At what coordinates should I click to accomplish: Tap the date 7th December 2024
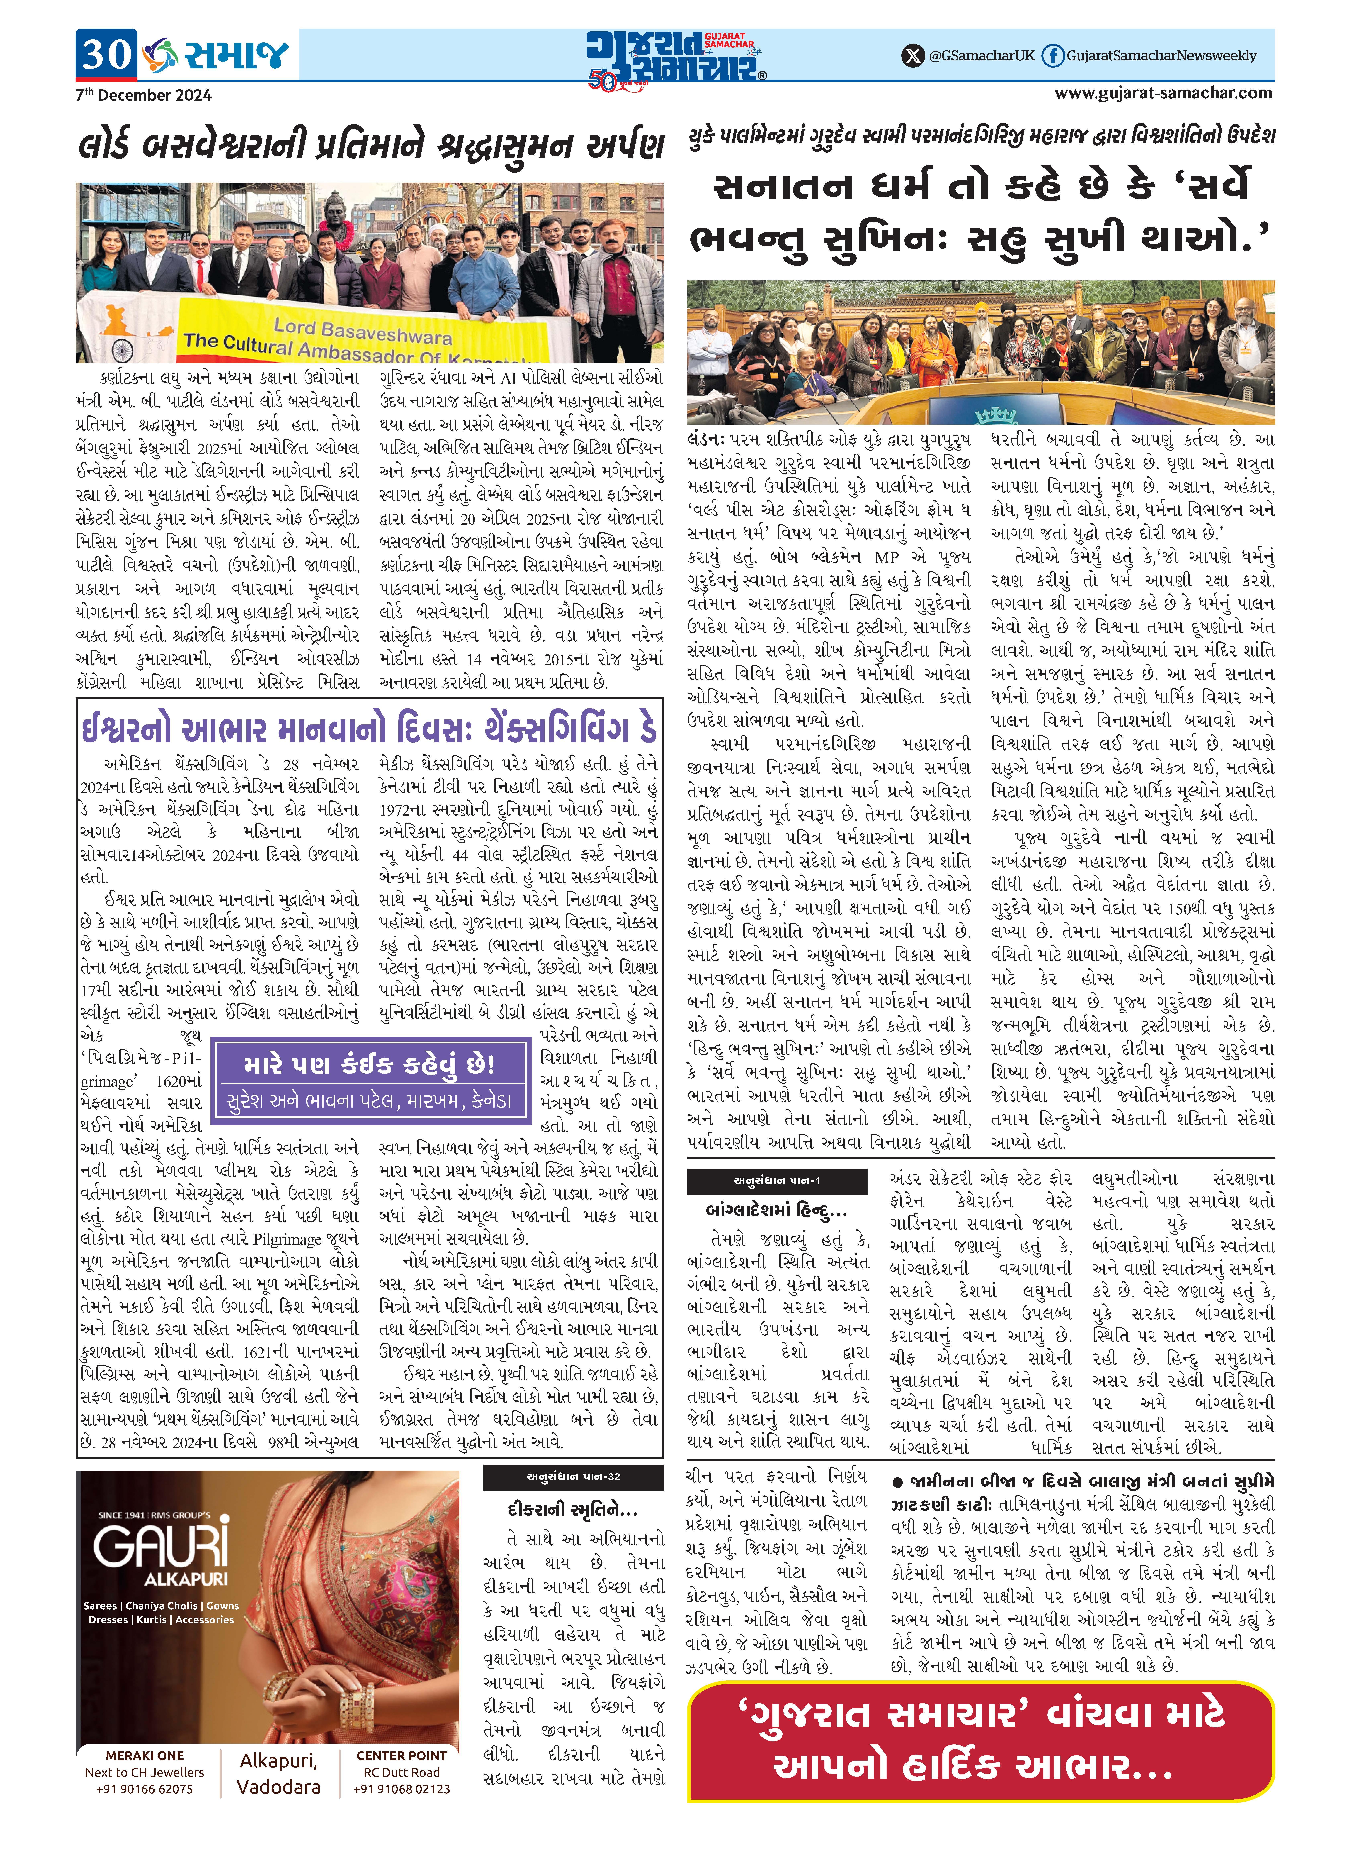coord(143,95)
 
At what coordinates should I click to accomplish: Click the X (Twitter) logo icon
coord(913,56)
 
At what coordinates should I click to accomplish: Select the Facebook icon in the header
coord(1053,56)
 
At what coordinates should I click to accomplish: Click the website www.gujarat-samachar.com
coord(1163,92)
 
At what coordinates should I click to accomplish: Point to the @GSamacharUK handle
coord(981,56)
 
